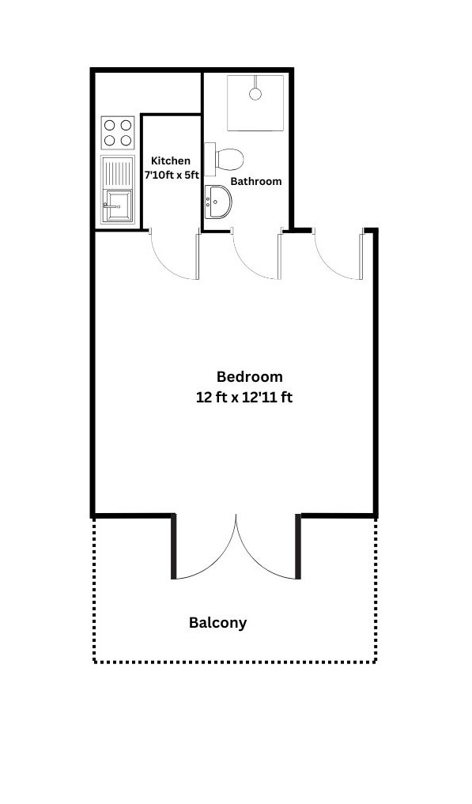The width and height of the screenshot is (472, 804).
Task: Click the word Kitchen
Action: [170, 161]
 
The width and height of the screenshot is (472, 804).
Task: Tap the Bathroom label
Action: [256, 181]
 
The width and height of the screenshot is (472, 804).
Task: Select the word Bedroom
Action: [249, 377]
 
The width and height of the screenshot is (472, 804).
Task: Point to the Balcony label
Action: [218, 622]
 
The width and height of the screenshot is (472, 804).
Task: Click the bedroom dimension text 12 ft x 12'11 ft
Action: [244, 398]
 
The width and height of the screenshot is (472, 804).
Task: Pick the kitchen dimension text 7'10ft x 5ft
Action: [172, 175]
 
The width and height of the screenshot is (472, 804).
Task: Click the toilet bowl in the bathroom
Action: [229, 160]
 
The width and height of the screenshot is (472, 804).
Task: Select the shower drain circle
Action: [255, 94]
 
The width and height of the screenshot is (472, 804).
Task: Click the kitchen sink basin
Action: [118, 206]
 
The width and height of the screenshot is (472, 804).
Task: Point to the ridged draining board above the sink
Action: [118, 173]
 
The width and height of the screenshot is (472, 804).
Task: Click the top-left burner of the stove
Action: [110, 125]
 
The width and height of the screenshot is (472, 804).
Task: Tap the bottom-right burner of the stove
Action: [126, 141]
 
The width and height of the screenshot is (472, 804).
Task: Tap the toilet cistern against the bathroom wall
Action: [210, 160]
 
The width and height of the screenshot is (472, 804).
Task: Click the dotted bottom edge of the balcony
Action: [235, 662]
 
